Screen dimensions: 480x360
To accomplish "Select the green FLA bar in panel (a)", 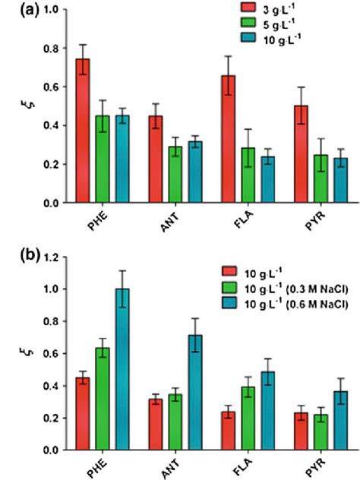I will click(226, 175).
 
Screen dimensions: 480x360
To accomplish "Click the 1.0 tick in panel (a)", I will click(51, 10).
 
